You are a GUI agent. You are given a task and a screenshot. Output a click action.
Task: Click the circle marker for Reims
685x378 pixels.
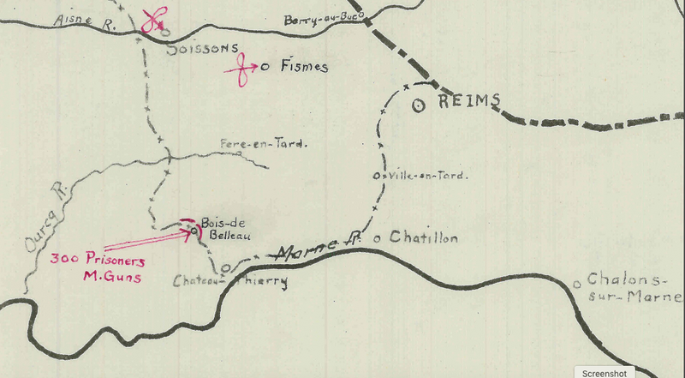tap(419, 105)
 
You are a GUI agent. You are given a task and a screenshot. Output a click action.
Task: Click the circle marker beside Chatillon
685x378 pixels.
tap(380, 236)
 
